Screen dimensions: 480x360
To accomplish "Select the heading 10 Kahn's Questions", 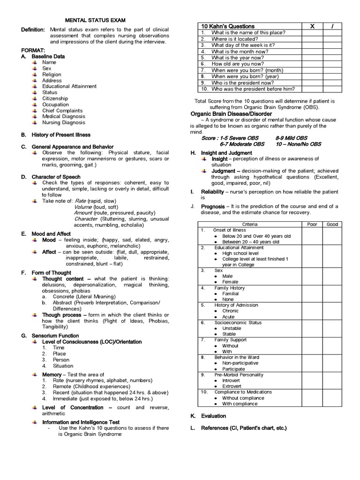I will coord(227,26).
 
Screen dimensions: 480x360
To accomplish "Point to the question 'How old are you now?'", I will coord(237,64).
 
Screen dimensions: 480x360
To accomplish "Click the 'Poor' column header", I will coord(312,225).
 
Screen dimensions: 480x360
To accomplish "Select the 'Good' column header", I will coord(332,225).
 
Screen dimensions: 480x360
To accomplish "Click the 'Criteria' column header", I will coord(249,225).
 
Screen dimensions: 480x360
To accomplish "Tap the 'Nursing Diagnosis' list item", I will coord(63,123).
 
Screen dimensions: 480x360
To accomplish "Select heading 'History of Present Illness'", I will coord(61,135).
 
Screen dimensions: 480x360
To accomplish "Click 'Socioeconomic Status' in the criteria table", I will coord(238,322).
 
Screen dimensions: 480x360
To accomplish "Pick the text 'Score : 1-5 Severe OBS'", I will coord(231,138).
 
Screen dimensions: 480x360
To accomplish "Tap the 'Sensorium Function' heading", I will coord(55,336).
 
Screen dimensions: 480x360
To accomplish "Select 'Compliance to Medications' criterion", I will coord(243,392).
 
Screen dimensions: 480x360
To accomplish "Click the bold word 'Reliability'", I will coord(212,192).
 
